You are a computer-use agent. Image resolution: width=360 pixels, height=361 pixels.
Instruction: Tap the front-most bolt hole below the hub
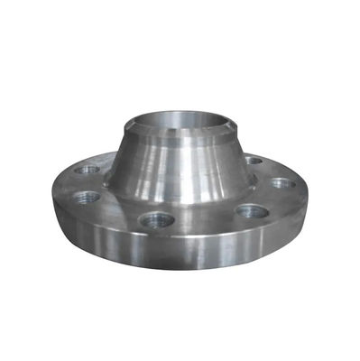point(156,218)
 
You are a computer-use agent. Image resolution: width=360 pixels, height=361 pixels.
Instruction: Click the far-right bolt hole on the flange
point(282,183)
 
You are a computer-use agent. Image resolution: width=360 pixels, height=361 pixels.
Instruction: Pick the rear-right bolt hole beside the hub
point(254,161)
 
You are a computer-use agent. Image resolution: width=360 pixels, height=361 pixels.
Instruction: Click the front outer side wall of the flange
point(180,262)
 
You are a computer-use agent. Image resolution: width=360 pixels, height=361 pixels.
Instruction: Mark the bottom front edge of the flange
point(180,287)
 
